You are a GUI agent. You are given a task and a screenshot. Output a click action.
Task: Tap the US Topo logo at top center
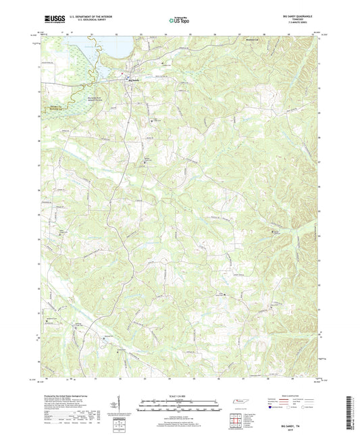coord(174,21)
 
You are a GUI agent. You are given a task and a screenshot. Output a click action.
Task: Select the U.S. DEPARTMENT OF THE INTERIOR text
coord(86,18)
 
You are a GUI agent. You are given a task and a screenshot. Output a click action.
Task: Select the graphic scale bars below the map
coord(179,407)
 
